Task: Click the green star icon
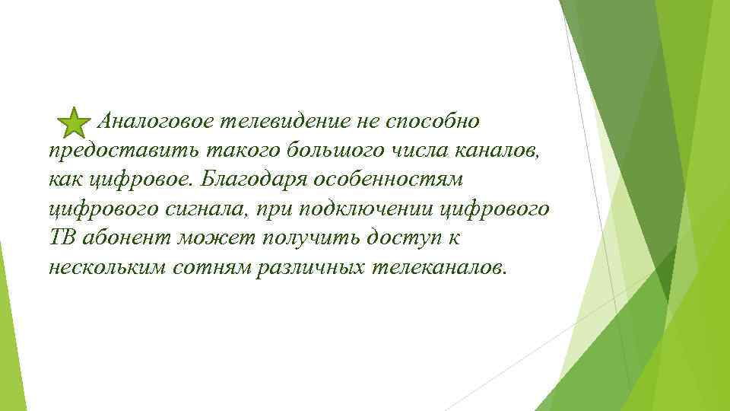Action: [72, 123]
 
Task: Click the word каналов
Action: [501, 151]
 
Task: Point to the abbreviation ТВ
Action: [62, 238]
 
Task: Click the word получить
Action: [308, 238]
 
